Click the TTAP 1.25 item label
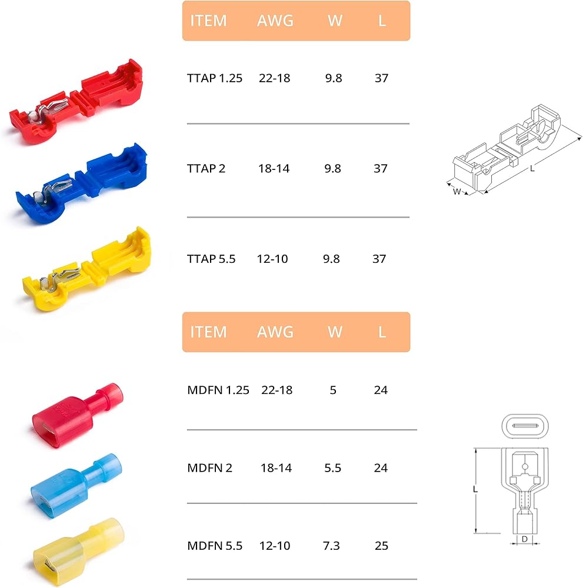point(215,78)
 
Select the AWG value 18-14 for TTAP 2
point(274,168)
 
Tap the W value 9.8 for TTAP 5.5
point(331,259)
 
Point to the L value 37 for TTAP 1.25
point(382,78)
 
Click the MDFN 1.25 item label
point(218,390)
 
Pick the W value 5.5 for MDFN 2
point(333,468)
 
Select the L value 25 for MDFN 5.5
point(381,546)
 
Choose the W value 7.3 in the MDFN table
point(331,546)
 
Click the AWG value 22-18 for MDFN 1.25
point(277,390)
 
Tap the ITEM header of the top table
point(209,21)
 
